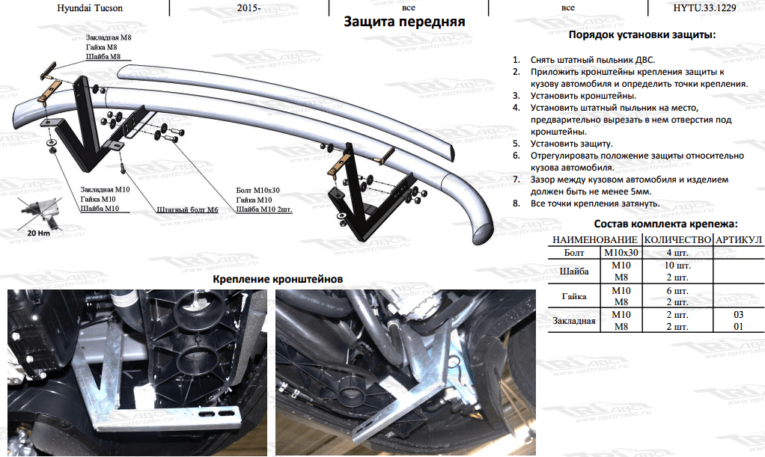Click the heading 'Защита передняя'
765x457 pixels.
(404, 22)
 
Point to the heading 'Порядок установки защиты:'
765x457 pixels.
(642, 35)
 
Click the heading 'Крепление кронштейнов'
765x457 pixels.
(278, 278)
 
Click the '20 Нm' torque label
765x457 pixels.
(38, 233)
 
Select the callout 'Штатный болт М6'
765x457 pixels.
(187, 210)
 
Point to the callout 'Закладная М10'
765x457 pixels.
(105, 191)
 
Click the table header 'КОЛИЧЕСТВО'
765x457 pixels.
(677, 239)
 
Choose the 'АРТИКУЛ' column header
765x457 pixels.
(739, 239)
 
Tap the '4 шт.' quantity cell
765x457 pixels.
(677, 253)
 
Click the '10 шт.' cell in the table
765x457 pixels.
(677, 266)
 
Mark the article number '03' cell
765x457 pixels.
(739, 315)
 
